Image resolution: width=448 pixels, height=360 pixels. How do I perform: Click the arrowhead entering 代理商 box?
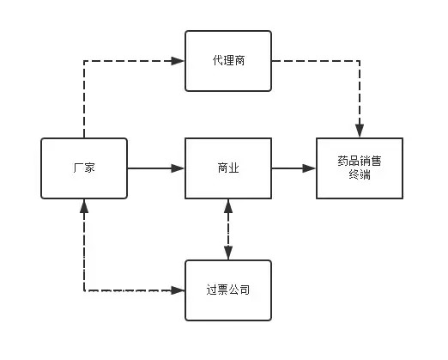(178, 61)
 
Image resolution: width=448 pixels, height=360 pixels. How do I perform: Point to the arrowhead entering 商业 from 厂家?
(178, 168)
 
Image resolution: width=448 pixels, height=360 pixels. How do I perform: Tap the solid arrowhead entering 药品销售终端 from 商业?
(309, 168)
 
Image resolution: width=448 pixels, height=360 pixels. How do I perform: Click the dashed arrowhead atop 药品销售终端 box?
(360, 131)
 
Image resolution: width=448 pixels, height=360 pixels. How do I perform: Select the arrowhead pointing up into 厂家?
(84, 206)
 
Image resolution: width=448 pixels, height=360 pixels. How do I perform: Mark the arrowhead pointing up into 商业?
(228, 206)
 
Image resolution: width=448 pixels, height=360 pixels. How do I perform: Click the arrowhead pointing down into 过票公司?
(228, 253)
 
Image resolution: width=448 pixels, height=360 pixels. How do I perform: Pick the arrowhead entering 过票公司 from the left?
(178, 290)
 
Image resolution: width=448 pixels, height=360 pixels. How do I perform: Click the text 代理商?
(228, 60)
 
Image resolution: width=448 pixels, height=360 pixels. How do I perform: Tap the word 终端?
(360, 174)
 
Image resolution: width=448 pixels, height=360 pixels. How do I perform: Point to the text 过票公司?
(228, 290)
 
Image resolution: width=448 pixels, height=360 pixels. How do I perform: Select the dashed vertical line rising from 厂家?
(84, 100)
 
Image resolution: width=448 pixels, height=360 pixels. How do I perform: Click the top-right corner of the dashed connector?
(360, 61)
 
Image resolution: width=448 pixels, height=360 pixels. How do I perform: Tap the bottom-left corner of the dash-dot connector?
(84, 290)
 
